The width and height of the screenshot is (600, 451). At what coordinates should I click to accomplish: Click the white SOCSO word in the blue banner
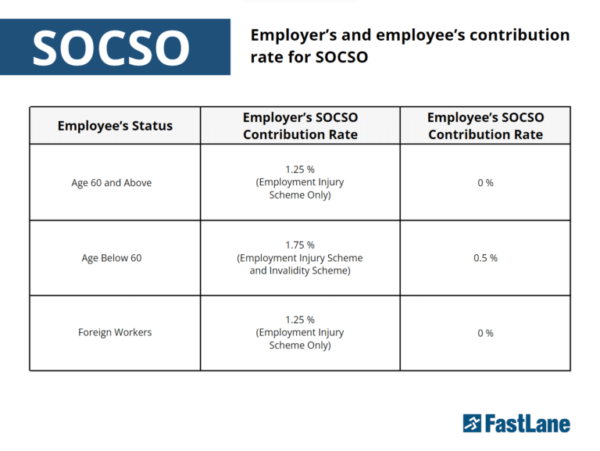[x=111, y=48]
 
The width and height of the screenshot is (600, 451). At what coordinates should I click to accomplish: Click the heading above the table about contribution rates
[x=409, y=46]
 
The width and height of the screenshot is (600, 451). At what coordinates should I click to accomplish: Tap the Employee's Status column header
[x=115, y=126]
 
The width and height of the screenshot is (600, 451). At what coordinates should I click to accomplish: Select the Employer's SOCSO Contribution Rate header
[x=300, y=126]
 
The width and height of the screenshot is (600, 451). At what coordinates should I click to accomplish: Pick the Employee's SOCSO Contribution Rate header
[x=485, y=126]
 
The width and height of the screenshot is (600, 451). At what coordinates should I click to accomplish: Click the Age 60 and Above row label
[x=112, y=183]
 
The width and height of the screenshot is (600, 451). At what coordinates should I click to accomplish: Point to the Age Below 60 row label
[x=112, y=258]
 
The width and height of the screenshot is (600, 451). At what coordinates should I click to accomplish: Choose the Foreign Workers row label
[x=115, y=332]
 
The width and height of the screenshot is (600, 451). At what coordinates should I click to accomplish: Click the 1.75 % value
[x=300, y=245]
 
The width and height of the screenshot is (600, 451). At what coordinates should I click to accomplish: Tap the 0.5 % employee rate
[x=485, y=258]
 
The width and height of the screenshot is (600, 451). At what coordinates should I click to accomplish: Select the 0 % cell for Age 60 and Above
[x=485, y=183]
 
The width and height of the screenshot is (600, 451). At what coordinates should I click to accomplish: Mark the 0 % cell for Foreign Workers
[x=485, y=333]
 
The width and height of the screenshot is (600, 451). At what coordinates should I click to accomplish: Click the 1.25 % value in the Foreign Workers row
[x=300, y=320]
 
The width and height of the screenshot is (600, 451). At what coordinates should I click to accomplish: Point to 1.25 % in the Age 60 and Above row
[x=300, y=169]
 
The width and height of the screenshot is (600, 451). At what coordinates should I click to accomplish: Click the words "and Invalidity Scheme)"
[x=300, y=270]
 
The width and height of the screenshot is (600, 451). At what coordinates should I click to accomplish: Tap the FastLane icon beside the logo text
[x=472, y=424]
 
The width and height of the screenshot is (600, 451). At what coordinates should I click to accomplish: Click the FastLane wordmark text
[x=528, y=424]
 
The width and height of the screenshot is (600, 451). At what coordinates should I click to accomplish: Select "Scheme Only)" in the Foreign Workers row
[x=300, y=345]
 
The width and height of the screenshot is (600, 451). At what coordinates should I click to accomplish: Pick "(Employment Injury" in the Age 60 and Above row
[x=300, y=182]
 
